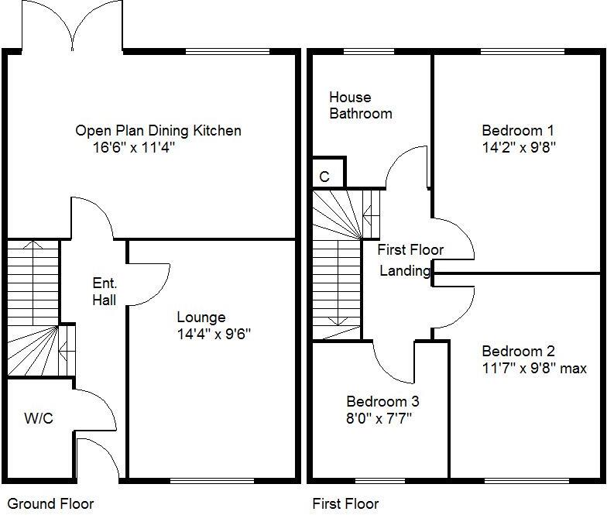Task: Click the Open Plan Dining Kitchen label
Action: coord(158,131)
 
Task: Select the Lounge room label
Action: coord(201,318)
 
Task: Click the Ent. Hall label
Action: coord(105,291)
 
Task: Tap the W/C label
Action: coord(39,419)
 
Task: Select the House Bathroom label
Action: coord(360,105)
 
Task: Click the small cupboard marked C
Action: coord(324,177)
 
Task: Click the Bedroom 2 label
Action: coord(517,352)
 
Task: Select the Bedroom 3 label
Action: coord(382,402)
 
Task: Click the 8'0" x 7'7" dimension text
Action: coord(379,419)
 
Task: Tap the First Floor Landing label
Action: coord(410,260)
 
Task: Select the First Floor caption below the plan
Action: coord(345,503)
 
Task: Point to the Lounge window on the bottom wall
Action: coord(207,480)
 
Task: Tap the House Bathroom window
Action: coord(367,52)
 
